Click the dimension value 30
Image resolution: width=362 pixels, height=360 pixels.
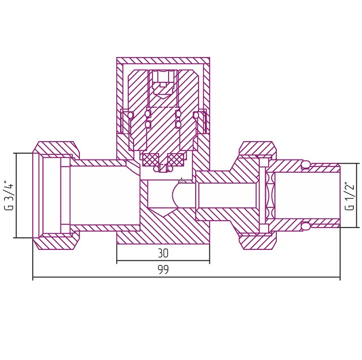tap(163, 253)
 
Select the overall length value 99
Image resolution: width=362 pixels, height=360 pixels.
tap(163, 270)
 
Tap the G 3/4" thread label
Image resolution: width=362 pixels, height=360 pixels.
tap(9, 196)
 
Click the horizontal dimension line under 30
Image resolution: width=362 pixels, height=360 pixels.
tap(163, 261)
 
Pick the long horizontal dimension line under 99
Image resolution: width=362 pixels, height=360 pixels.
tap(186, 277)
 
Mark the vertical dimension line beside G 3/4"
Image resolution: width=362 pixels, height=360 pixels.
tap(17, 195)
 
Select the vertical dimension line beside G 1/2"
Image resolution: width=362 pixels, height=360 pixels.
tap(357, 195)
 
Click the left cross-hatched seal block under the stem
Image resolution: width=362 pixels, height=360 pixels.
tap(150, 160)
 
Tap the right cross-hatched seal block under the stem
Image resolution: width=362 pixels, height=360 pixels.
tap(176, 160)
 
